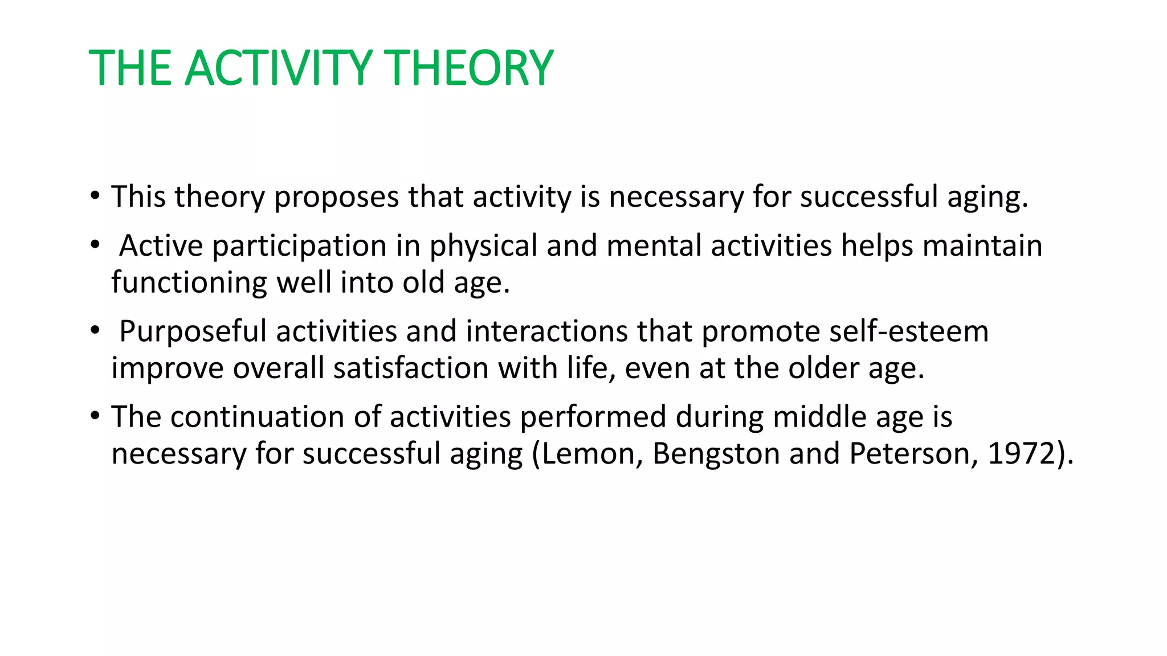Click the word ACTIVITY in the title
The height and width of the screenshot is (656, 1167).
click(x=279, y=68)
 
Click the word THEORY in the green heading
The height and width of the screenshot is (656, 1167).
click(x=469, y=68)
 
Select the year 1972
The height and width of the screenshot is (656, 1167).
click(x=1022, y=454)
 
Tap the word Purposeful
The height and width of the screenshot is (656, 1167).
click(x=193, y=332)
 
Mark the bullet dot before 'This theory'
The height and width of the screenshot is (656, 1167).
click(x=95, y=196)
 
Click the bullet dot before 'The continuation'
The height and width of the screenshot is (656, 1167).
click(x=95, y=416)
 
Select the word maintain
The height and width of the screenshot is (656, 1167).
click(x=982, y=246)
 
